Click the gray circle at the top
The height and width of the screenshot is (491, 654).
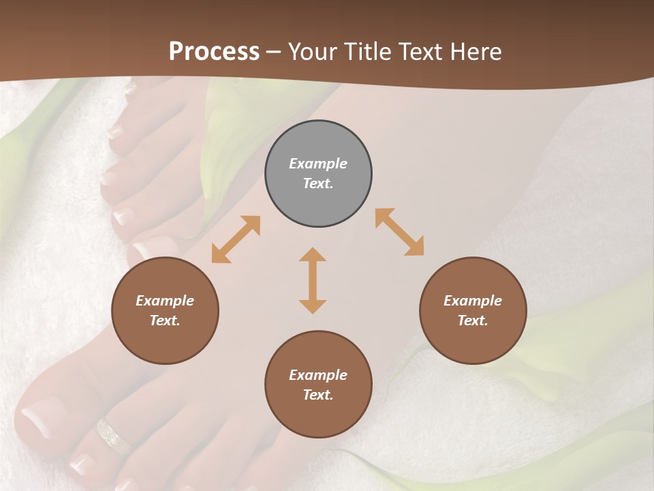(318, 174)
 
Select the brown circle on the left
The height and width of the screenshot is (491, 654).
(165, 310)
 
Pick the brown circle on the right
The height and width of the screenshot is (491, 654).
(473, 310)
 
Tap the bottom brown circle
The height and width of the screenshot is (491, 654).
(318, 385)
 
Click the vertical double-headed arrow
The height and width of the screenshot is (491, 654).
(313, 280)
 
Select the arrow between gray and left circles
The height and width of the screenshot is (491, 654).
(236, 239)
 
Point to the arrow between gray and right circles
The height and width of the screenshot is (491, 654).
(400, 232)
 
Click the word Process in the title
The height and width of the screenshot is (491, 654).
(214, 51)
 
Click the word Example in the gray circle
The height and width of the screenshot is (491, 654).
(318, 164)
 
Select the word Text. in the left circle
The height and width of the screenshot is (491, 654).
(165, 321)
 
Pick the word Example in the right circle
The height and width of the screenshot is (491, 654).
(473, 301)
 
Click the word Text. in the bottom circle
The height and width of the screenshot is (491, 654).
(318, 395)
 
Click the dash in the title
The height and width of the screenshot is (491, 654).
(274, 52)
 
